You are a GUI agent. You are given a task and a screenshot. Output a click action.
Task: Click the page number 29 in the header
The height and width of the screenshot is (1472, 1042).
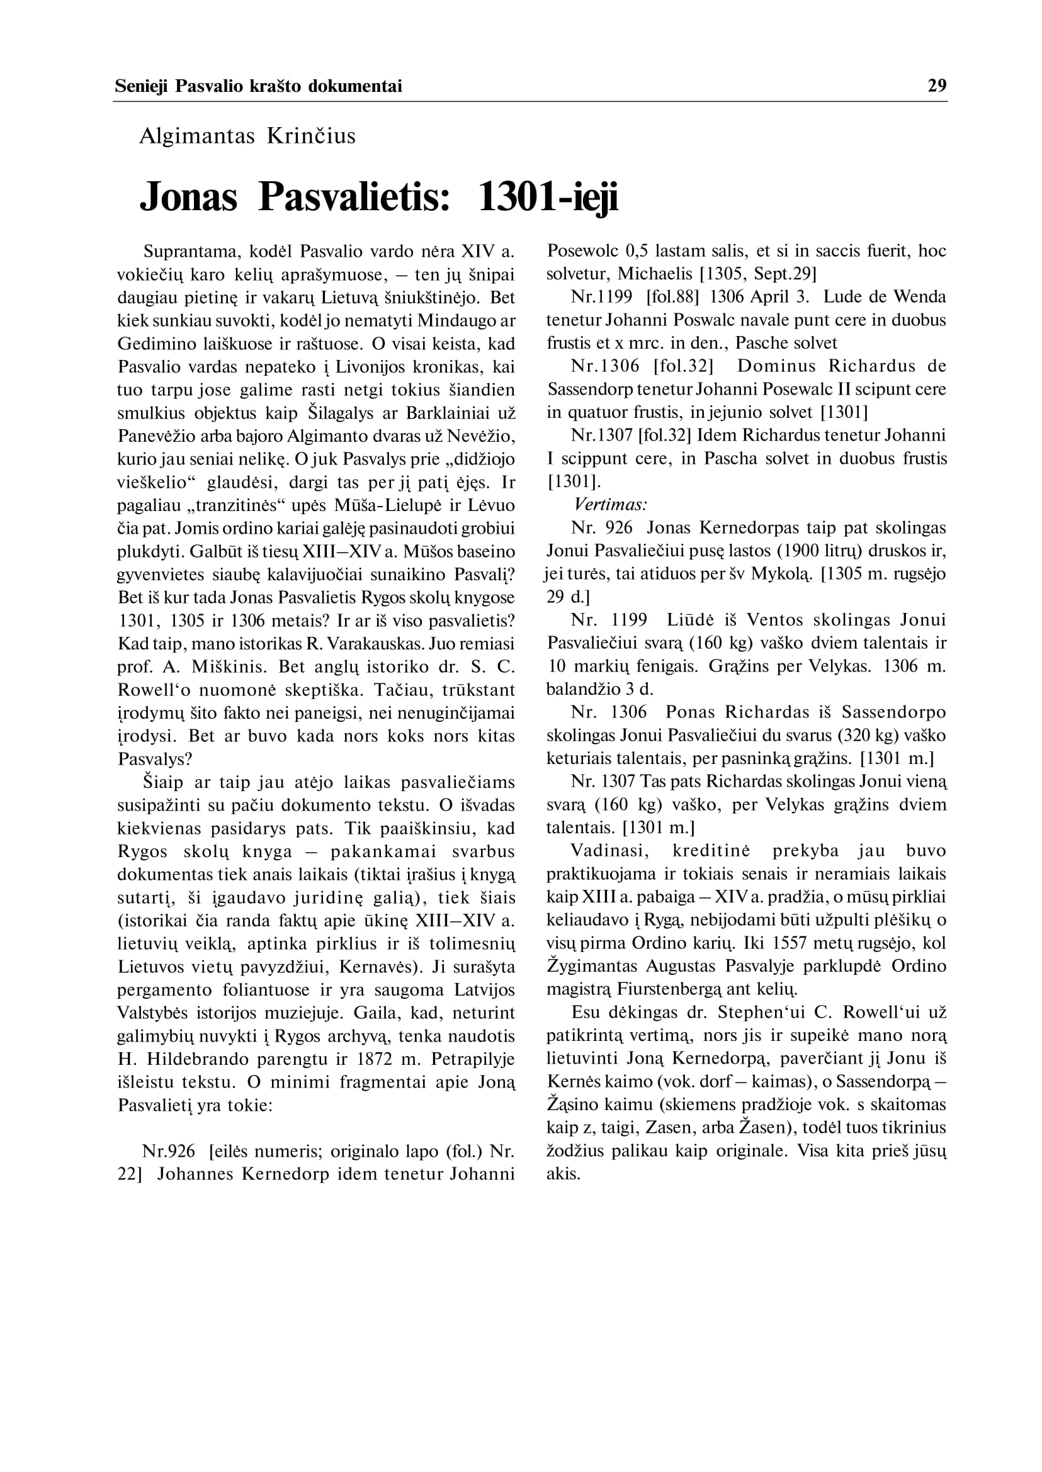tap(937, 86)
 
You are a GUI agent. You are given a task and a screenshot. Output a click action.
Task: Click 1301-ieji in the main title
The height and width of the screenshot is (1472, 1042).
tap(548, 197)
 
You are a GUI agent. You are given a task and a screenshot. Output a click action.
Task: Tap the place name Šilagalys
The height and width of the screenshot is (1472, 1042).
tap(341, 413)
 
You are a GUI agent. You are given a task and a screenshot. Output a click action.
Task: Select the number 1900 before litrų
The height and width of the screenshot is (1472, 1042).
tap(783, 551)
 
